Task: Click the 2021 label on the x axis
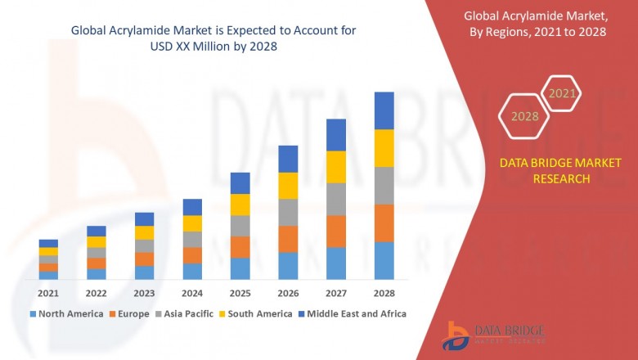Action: tap(48, 293)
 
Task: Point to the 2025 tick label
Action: tap(240, 293)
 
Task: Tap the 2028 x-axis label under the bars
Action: tap(384, 293)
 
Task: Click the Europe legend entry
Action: tap(131, 313)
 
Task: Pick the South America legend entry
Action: tap(256, 313)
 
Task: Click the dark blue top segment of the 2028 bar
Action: tap(384, 110)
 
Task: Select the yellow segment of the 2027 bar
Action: tap(336, 167)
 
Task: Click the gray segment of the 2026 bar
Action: tap(288, 213)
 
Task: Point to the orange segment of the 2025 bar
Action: tap(240, 247)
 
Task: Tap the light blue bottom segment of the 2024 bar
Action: tap(192, 272)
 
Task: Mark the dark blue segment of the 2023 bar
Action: tap(144, 219)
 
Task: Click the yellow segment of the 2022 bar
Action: tap(97, 242)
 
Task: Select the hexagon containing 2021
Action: tap(562, 94)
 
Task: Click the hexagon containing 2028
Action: tap(525, 117)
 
